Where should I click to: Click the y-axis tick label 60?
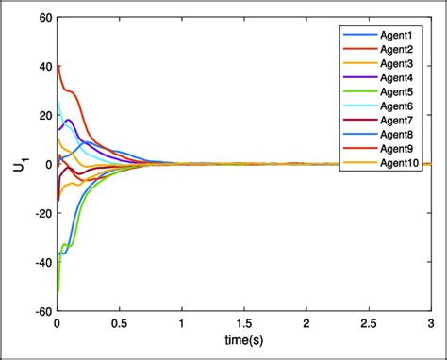41,17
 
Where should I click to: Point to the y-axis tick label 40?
41,66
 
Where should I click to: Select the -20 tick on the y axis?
40,213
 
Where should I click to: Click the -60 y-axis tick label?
40,310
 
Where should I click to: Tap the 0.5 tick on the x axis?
119,323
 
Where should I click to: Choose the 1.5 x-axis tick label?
243,323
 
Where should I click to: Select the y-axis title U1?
19,164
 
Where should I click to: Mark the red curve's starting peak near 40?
58,66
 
